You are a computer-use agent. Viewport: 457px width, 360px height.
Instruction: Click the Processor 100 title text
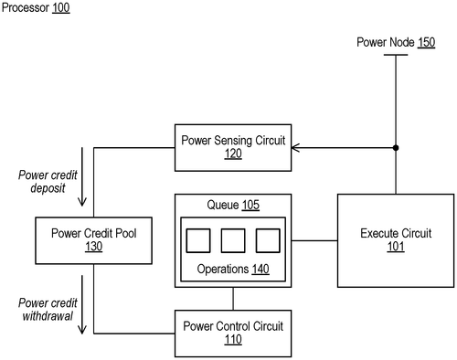(x=35, y=8)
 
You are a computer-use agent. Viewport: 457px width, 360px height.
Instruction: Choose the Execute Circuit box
(x=396, y=239)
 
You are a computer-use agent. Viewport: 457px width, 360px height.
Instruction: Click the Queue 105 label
(x=232, y=206)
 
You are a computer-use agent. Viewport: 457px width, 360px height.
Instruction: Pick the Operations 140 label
(x=232, y=270)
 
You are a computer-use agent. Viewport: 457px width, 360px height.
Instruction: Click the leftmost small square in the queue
(x=198, y=240)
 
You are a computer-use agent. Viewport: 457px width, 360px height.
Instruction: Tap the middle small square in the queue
(x=232, y=240)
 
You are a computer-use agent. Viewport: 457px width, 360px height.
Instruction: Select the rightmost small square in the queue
(x=266, y=240)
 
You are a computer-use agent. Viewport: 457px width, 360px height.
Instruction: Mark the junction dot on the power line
(x=396, y=148)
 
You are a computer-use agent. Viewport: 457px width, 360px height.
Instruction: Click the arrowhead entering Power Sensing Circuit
(x=295, y=148)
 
